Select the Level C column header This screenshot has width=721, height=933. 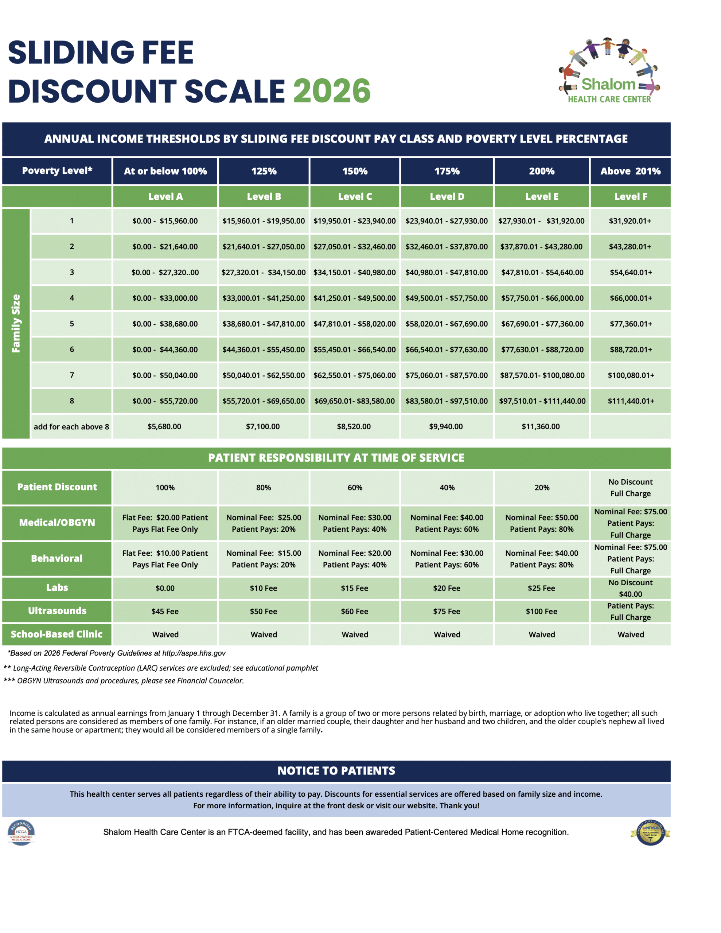coord(355,196)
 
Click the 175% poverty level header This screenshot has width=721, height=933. coord(447,171)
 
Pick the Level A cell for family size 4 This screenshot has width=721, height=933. coord(165,298)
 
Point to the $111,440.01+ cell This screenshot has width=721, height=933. coord(630,401)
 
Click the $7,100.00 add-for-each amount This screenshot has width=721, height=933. coord(263,426)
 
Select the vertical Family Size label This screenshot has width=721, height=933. coord(16,323)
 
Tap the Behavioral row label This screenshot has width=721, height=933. coord(57,558)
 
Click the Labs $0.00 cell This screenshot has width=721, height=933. coord(165,588)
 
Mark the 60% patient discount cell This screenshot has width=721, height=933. coord(355,487)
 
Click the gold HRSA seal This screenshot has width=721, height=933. coord(650,832)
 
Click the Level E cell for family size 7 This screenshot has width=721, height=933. coord(542,375)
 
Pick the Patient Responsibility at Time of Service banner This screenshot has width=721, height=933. coord(336,457)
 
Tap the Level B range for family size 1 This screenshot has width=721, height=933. coord(263,221)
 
